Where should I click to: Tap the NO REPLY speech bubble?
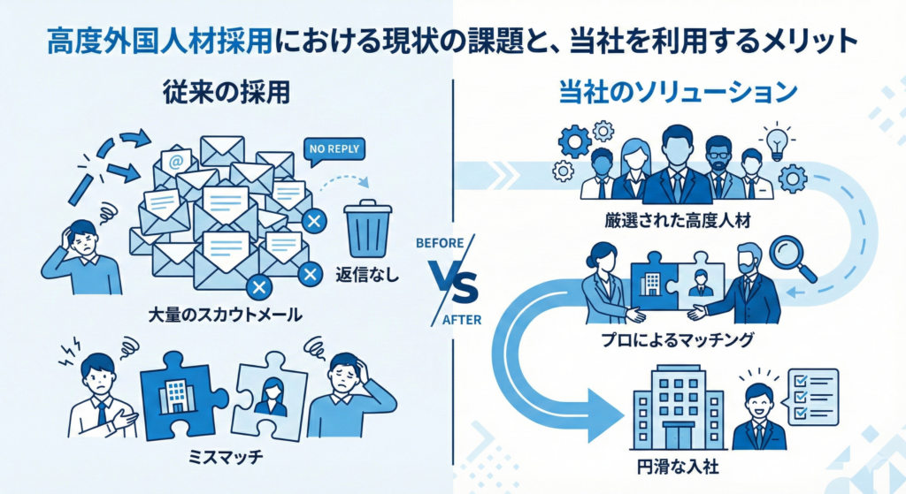coord(333,149)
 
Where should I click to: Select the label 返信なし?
coord(369,274)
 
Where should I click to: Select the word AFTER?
coord(461,320)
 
